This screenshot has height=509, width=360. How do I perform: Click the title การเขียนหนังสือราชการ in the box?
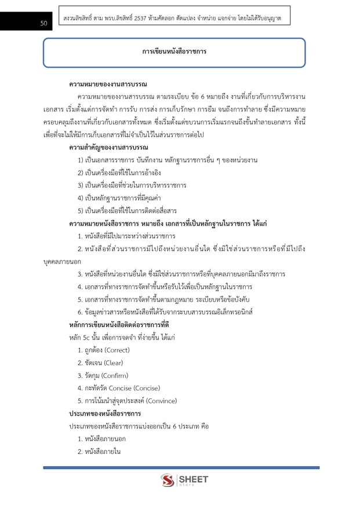pyautogui.click(x=174, y=52)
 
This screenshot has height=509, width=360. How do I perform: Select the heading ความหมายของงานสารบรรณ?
pyautogui.click(x=108, y=85)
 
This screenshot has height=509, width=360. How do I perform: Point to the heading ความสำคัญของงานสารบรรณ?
pyautogui.click(x=108, y=147)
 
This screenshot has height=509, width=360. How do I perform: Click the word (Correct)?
pyautogui.click(x=116, y=350)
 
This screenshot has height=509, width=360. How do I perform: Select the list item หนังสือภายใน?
pyautogui.click(x=103, y=452)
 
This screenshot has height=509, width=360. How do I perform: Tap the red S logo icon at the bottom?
pyautogui.click(x=168, y=481)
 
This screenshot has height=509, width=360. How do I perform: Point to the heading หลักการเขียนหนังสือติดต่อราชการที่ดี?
pyautogui.click(x=118, y=325)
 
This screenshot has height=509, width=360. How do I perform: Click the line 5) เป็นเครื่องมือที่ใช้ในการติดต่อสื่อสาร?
pyautogui.click(x=127, y=210)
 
